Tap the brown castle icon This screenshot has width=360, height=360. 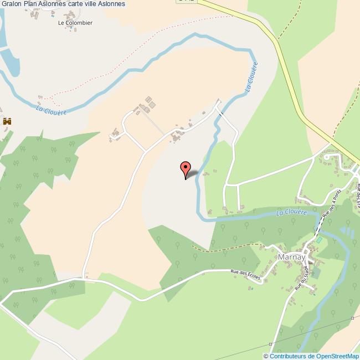point(8,121)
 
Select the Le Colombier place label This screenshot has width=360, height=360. point(75,23)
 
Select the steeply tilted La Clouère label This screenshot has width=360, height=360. point(250,79)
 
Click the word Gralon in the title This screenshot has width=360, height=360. point(11,4)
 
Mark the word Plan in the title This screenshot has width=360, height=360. point(30,4)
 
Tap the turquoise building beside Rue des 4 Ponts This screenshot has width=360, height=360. point(318,240)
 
